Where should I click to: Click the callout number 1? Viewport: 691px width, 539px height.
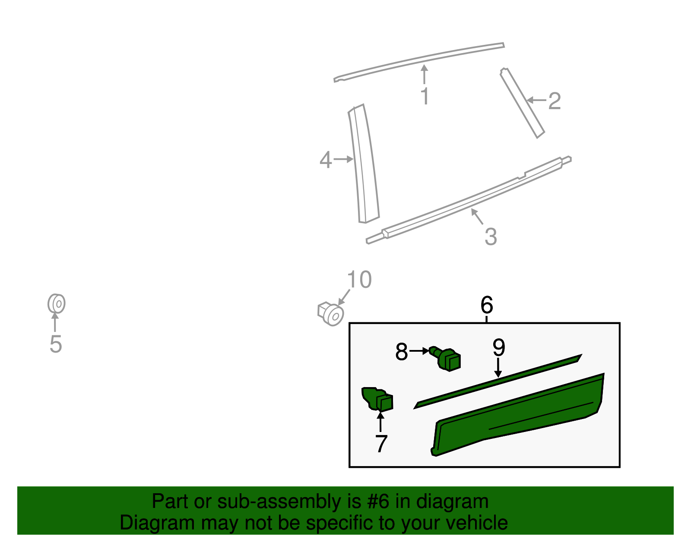(425, 96)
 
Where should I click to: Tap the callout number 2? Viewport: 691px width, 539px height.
(554, 101)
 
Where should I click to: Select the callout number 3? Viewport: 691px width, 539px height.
(491, 237)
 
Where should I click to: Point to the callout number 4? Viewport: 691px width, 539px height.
(325, 160)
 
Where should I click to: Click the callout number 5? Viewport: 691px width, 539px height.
(56, 344)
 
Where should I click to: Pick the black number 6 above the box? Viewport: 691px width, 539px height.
(487, 306)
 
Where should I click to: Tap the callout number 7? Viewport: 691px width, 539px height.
(381, 444)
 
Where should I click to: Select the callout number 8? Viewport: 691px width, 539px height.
(401, 352)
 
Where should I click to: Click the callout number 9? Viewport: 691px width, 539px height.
(499, 347)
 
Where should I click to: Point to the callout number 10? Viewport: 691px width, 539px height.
(359, 280)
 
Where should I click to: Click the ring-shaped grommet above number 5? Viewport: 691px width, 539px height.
(57, 304)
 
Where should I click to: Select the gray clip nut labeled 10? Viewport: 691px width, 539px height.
(331, 314)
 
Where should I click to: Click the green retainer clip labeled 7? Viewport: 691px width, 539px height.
(377, 399)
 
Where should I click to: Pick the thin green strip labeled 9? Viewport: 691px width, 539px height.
(497, 381)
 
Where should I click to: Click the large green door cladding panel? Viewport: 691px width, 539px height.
(518, 414)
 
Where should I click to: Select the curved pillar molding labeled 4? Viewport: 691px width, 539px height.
(364, 164)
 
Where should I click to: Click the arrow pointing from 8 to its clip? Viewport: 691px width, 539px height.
(419, 351)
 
